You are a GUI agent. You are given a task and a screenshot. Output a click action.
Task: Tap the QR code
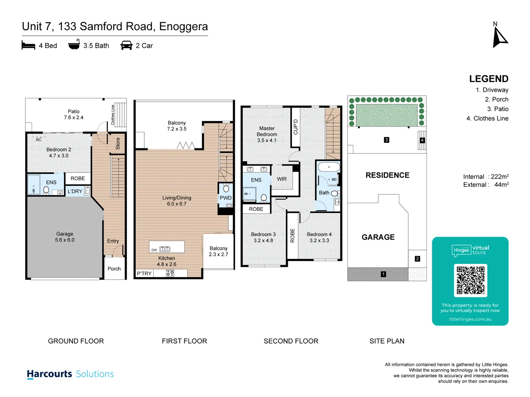pos(470,280)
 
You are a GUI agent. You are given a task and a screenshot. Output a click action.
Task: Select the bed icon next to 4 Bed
pos(28,46)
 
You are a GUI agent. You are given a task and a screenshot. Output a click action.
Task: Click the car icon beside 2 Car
pos(126,46)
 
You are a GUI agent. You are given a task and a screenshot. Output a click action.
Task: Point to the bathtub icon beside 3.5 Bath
pos(74,45)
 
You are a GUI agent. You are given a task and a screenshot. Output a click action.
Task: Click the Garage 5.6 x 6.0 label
pos(65,237)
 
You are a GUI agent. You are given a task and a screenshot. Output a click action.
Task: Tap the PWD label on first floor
pos(226,198)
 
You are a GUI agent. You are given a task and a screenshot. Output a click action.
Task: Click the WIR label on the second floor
pos(282,179)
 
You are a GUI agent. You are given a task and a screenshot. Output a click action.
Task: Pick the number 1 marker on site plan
pos(384,274)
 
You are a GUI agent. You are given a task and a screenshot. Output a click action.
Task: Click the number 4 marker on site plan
pos(422,140)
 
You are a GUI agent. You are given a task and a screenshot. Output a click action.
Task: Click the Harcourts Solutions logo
pos(70,374)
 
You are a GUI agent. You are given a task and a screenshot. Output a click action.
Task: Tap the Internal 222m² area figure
pos(485,176)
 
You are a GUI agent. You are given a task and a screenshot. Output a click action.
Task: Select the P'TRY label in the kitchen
pos(144,273)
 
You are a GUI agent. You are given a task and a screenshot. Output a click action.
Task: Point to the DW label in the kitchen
pos(154,250)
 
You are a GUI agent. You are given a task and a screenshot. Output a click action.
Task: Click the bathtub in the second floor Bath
pos(329,167)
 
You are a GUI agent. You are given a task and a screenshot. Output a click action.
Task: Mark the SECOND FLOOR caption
pos(291,341)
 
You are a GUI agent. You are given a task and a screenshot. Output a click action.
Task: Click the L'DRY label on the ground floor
pos(75,191)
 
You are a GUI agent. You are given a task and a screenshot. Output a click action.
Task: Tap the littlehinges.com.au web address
pos(470,319)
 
